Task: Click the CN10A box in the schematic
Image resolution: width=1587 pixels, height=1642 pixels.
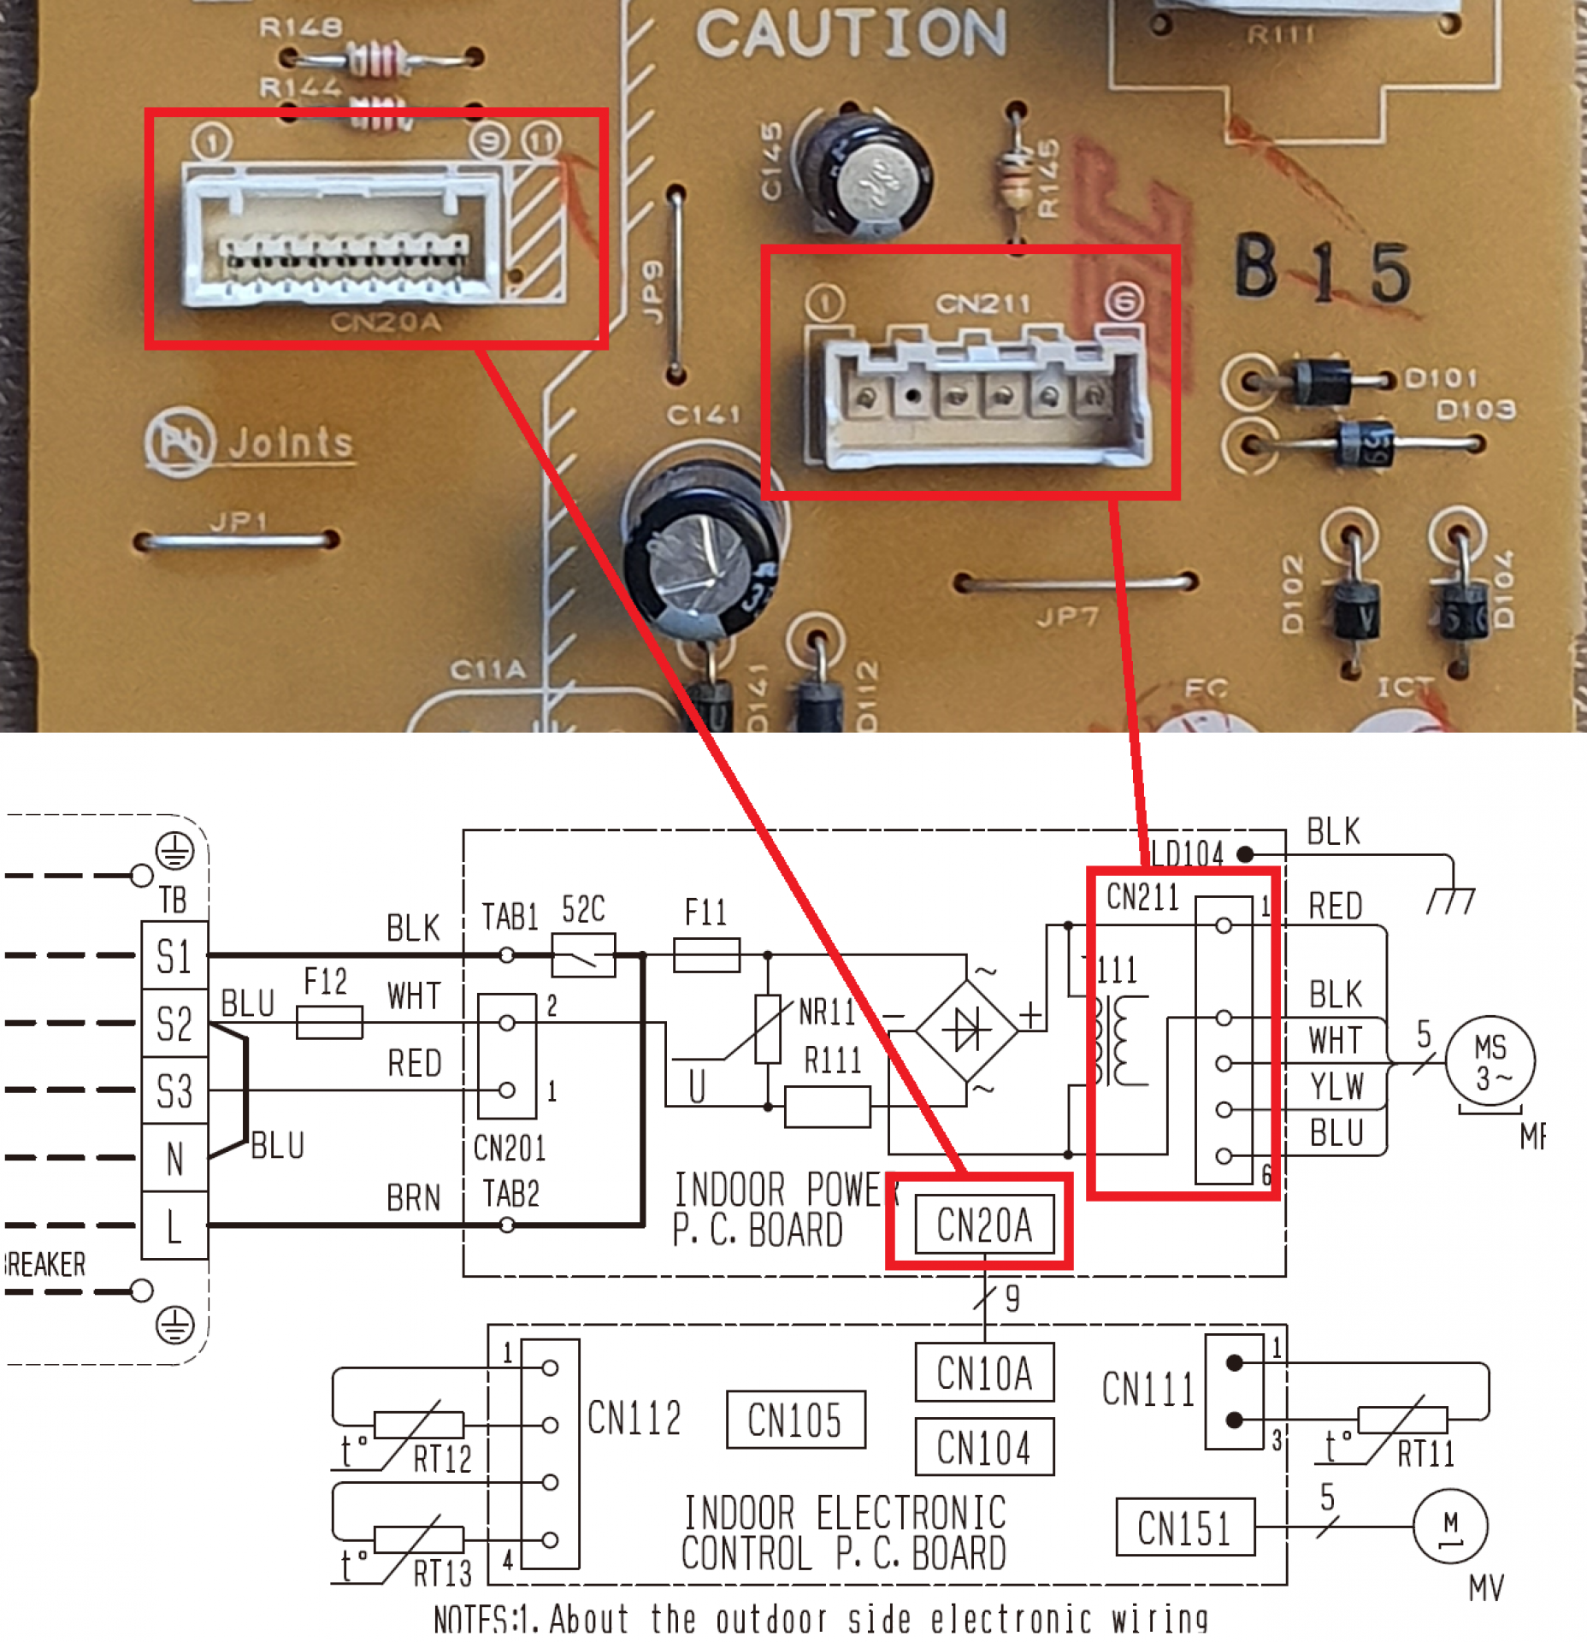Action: pos(984,1373)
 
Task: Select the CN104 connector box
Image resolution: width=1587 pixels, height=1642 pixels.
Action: pos(984,1448)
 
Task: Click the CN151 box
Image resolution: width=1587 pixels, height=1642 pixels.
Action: pos(1185,1527)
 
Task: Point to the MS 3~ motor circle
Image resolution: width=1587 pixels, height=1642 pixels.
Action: pos(1490,1060)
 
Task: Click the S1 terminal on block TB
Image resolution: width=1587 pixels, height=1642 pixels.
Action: pos(174,955)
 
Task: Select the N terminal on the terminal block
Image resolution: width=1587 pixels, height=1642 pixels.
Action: pos(174,1159)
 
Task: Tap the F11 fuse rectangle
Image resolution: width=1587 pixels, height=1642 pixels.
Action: pos(706,954)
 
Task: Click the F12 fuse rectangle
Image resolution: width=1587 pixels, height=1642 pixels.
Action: pos(329,1022)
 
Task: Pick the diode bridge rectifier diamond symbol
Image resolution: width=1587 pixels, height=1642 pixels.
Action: pos(967,1031)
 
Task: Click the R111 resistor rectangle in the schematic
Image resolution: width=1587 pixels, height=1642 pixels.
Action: pos(827,1107)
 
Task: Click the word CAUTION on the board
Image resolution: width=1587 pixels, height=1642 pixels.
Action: pos(851,34)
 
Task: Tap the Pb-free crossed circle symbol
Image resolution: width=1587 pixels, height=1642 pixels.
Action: pos(178,442)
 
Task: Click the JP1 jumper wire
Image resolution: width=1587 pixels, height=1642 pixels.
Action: pos(237,540)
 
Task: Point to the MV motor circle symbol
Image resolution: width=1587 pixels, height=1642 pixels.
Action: pos(1450,1527)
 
